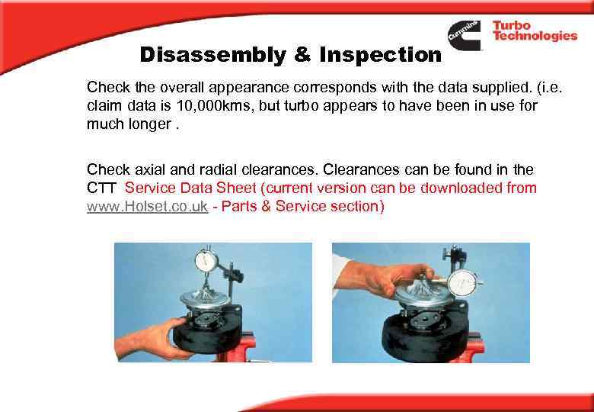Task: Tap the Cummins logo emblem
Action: (x=465, y=35)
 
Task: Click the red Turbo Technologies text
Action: (x=534, y=31)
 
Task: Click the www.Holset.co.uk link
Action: (x=147, y=207)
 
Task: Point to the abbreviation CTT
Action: (x=103, y=188)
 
